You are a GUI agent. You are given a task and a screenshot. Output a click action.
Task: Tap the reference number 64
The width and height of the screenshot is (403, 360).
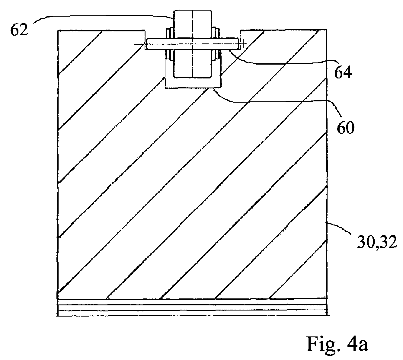[x=343, y=73]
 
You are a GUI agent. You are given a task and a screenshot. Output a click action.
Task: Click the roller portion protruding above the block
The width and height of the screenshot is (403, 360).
[x=192, y=24]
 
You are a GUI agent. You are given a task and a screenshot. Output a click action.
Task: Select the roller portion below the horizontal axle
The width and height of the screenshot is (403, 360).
[x=192, y=63]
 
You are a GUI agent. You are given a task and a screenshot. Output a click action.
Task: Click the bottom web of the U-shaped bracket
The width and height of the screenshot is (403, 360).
[x=193, y=83]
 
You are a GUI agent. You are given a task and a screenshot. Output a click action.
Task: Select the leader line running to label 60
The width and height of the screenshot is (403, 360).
[x=279, y=101]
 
